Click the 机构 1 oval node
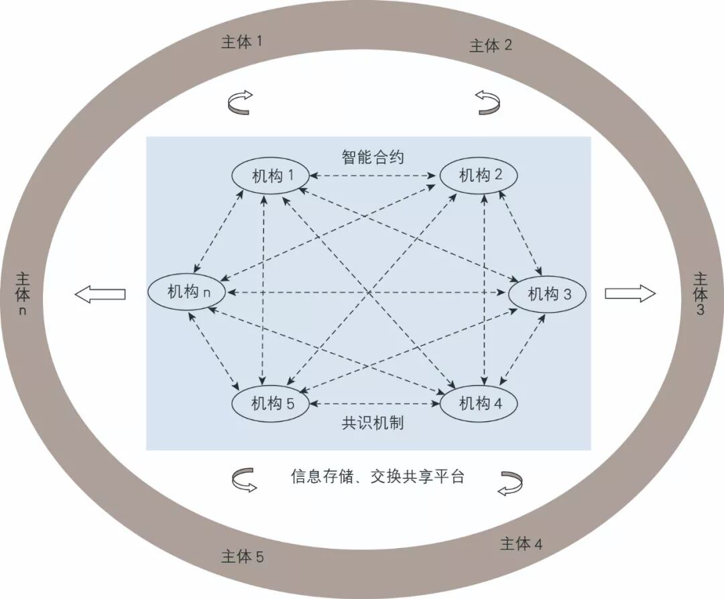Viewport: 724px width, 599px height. click(x=271, y=176)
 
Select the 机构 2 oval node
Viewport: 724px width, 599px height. click(x=479, y=176)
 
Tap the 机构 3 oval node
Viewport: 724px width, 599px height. click(x=548, y=294)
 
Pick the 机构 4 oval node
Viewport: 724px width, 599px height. click(x=479, y=403)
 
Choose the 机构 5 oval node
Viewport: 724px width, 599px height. click(x=271, y=403)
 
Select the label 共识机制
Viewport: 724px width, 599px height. click(x=373, y=423)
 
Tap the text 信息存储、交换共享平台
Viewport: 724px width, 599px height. click(x=377, y=477)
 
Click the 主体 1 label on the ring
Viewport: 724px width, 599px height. click(x=241, y=42)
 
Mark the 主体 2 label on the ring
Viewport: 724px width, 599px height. click(x=491, y=45)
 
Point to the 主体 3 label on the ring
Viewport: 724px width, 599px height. click(x=700, y=293)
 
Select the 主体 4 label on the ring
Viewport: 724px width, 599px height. click(x=521, y=543)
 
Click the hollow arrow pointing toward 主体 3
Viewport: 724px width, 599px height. click(x=629, y=293)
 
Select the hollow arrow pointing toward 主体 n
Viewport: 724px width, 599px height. click(x=100, y=293)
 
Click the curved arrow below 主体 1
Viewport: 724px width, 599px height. click(x=240, y=103)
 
